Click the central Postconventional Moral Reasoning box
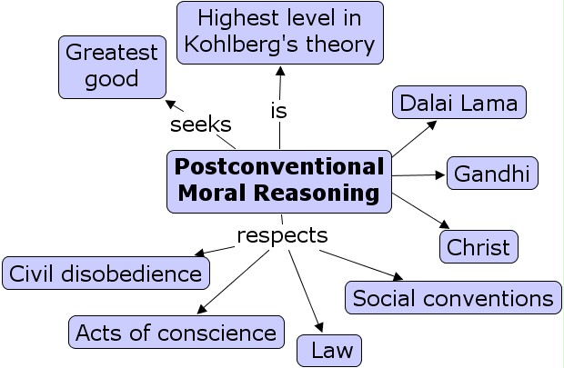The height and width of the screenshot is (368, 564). tap(279, 180)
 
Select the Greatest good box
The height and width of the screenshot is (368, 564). tap(112, 66)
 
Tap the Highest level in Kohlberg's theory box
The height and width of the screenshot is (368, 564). tap(280, 32)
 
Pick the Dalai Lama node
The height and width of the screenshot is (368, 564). tap(458, 103)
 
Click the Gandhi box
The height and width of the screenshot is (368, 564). tap(492, 174)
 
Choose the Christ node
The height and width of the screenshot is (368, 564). tap(478, 246)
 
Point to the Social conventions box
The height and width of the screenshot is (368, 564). tap(452, 298)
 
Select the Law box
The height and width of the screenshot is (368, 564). tap(329, 350)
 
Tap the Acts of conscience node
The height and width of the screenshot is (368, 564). tap(176, 332)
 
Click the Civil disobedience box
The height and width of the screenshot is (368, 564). tap(106, 273)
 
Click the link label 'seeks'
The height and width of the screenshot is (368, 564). tap(200, 124)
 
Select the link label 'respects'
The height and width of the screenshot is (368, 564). tap(282, 235)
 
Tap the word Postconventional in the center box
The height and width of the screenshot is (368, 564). tap(279, 167)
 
